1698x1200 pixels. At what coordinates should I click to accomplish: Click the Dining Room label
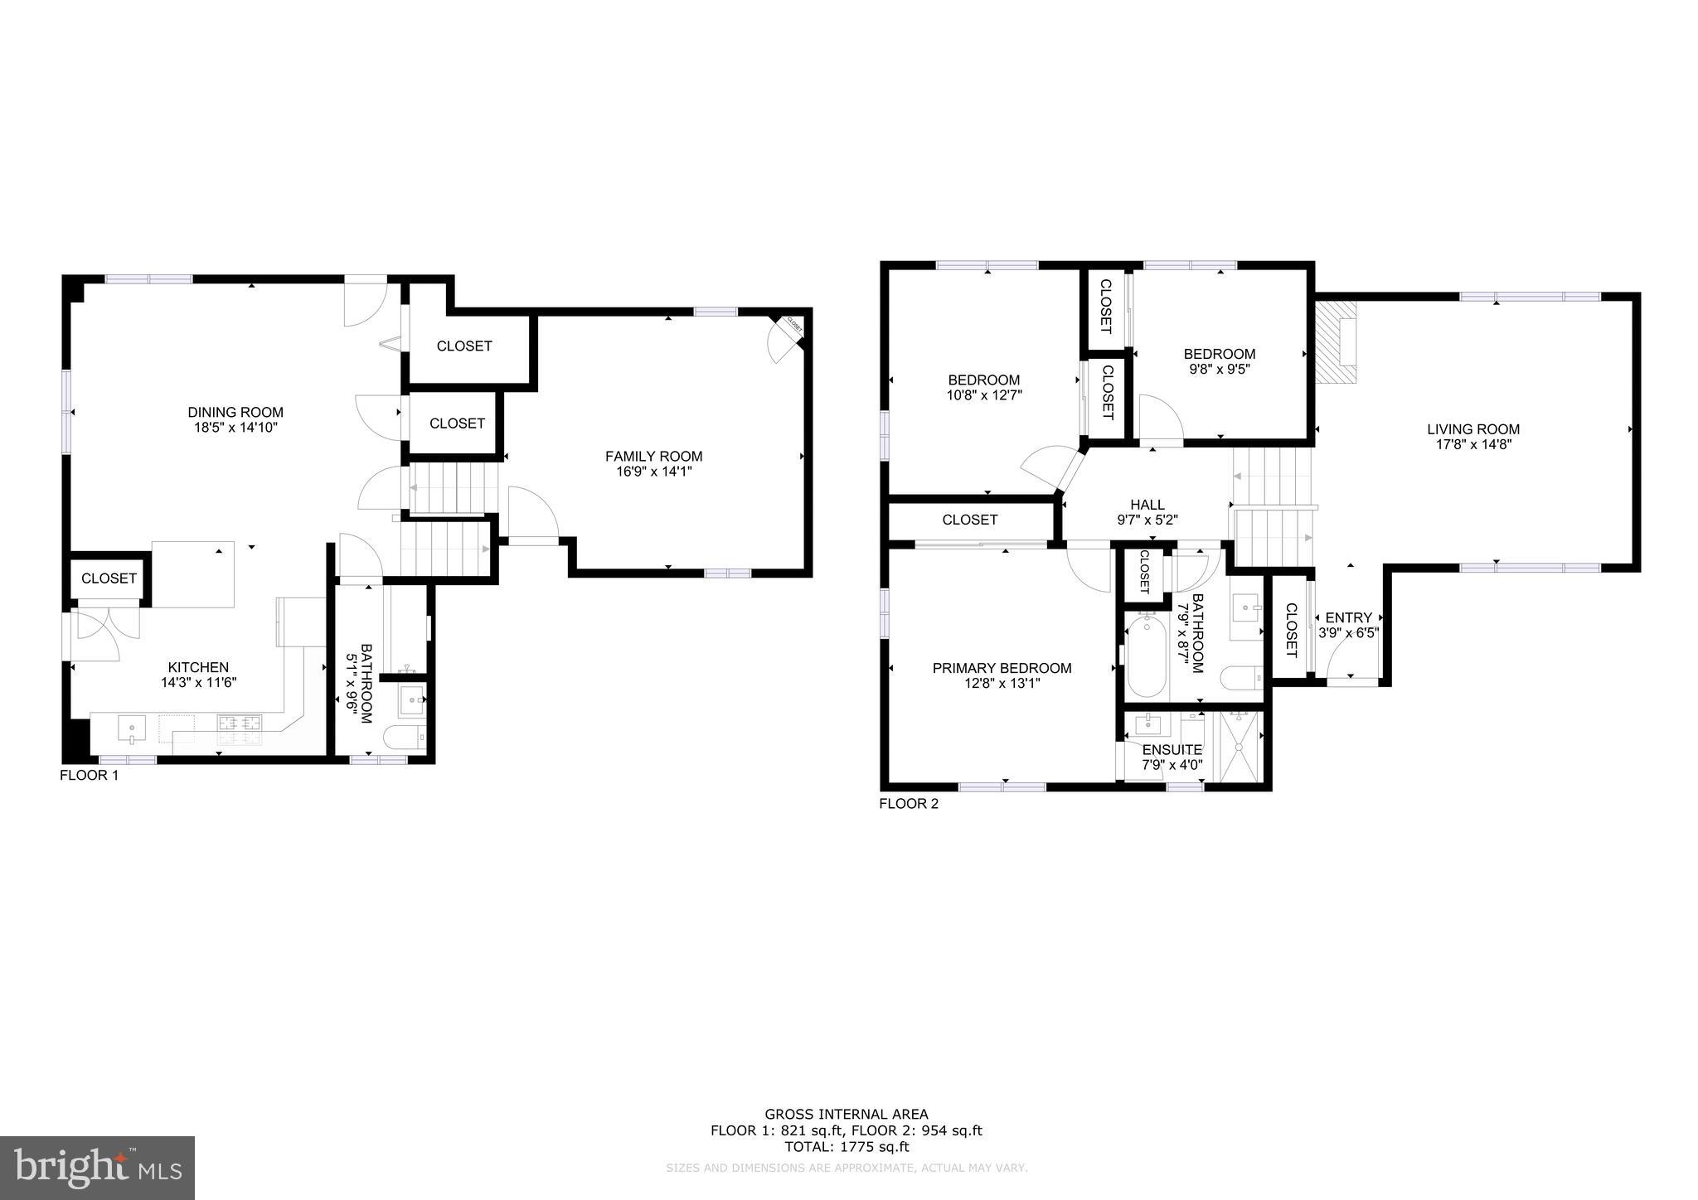(235, 412)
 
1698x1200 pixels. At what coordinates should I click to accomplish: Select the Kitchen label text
(198, 667)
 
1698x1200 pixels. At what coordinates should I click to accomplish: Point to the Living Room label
(1473, 429)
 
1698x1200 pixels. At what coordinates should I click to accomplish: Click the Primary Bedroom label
(1002, 668)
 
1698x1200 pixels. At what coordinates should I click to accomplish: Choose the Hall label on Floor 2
(1147, 505)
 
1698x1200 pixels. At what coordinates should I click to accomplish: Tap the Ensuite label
(1172, 750)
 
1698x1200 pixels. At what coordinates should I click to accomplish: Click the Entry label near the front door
(1348, 617)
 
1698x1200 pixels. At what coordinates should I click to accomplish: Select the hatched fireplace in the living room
(1335, 341)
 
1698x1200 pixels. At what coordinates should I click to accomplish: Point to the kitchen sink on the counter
(131, 729)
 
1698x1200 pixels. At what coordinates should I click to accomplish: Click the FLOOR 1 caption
(90, 776)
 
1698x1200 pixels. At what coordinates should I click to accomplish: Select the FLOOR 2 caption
(909, 804)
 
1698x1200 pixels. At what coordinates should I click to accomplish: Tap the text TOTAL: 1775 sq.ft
(847, 1147)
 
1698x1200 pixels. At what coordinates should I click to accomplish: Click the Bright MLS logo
(97, 1168)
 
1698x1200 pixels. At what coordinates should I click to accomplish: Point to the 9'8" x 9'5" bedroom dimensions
(1219, 370)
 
